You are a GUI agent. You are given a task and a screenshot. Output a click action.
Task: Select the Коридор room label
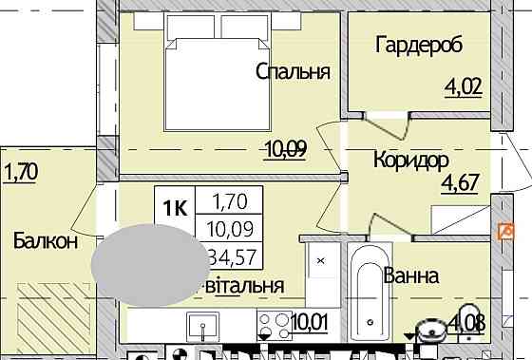click(410, 160)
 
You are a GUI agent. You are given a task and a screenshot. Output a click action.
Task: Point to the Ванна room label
click(410, 276)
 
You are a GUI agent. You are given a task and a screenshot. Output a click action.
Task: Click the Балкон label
click(45, 241)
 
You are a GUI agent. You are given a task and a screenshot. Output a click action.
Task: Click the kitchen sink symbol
click(202, 326)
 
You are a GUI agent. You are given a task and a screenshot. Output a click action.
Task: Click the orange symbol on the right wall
click(504, 231)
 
